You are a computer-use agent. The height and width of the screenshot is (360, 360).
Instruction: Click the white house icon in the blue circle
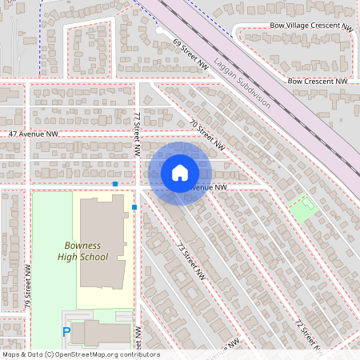coord(180,173)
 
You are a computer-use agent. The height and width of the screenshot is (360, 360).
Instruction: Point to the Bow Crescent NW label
coord(318,81)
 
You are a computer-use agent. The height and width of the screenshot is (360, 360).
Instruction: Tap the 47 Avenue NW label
coord(34,134)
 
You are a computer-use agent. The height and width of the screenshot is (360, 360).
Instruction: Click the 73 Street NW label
coord(186,257)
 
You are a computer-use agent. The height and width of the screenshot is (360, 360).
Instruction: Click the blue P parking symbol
coord(67,331)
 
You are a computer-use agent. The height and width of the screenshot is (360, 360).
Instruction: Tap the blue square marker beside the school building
coord(134,207)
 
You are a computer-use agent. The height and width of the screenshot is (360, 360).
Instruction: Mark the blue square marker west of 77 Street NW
coord(115,184)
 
